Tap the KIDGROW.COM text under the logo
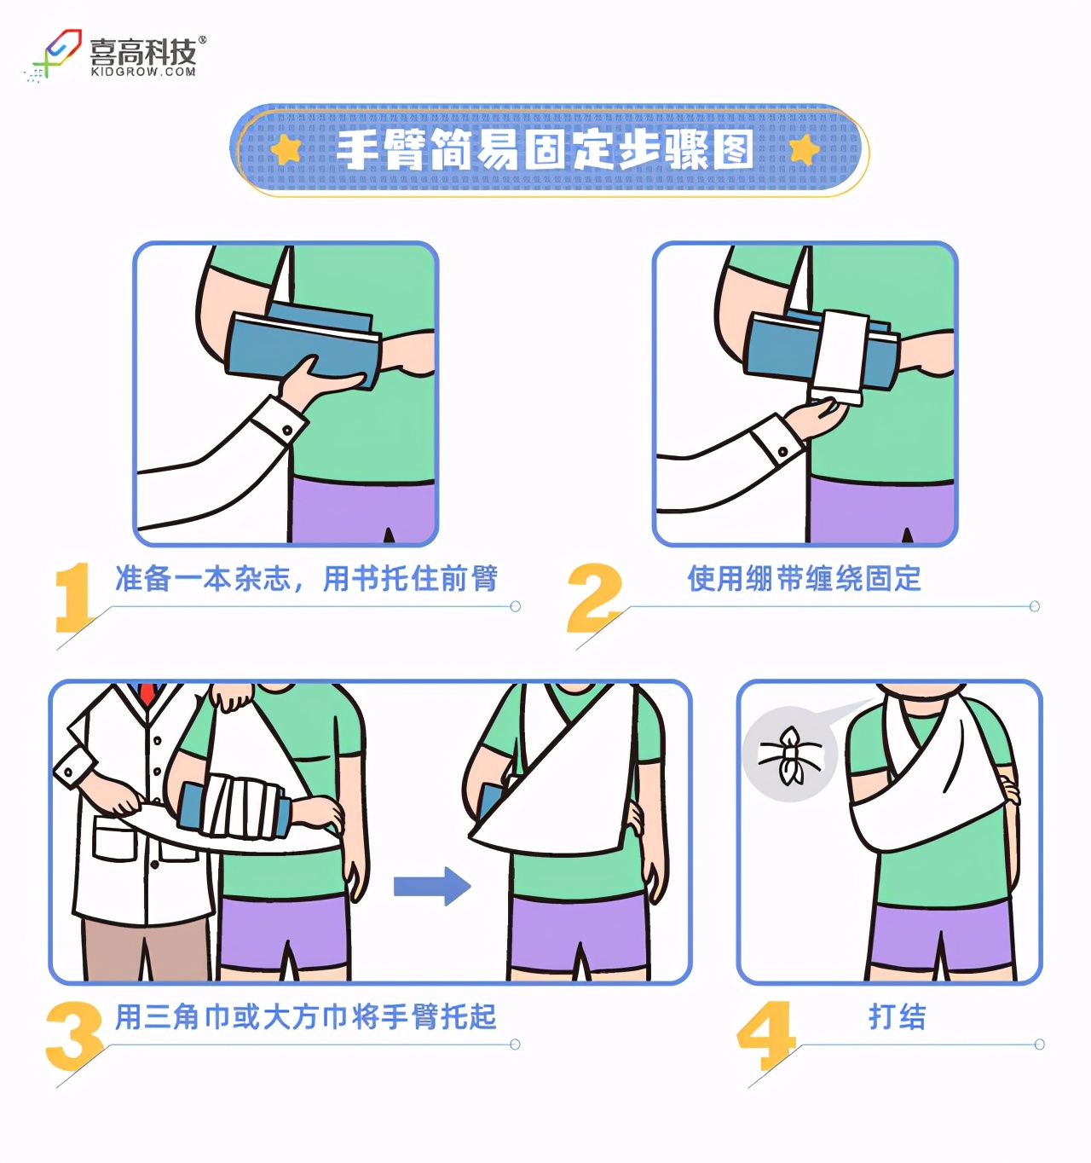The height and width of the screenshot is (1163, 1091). (143, 72)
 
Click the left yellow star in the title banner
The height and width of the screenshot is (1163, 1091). (286, 150)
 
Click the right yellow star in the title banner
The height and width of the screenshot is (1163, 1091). (803, 150)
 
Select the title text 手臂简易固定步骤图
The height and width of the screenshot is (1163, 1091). (545, 150)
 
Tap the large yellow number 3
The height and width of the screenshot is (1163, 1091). (74, 1035)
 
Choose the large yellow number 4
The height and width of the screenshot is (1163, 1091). (765, 1035)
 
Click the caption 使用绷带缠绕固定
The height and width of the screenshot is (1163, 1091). (804, 579)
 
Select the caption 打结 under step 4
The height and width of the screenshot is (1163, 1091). (897, 1016)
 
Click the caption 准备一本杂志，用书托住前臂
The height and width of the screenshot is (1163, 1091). (306, 579)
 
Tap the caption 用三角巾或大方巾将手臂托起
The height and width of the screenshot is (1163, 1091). (305, 1016)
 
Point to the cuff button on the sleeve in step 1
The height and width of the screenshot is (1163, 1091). (287, 430)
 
